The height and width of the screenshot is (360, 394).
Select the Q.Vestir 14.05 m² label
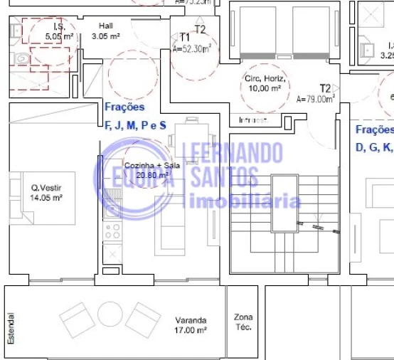pyautogui.click(x=46, y=194)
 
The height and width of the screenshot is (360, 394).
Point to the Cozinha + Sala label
pyautogui.click(x=147, y=170)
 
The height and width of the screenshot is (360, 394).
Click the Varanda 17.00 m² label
pyautogui.click(x=189, y=325)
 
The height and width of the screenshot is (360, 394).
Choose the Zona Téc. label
pyautogui.click(x=243, y=322)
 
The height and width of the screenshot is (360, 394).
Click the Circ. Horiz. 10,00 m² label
pyautogui.click(x=265, y=83)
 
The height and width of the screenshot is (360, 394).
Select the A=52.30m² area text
pyautogui.click(x=196, y=50)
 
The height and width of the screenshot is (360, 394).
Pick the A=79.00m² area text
pyautogui.click(x=315, y=100)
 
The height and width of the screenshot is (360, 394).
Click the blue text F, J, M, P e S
pyautogui.click(x=135, y=125)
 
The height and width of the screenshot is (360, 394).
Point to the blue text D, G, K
pyautogui.click(x=373, y=147)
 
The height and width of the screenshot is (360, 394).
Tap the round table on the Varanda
pyautogui.click(x=111, y=315)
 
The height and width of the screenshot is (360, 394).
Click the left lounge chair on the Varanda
pyautogui.click(x=77, y=319)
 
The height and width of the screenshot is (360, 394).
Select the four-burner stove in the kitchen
pyautogui.click(x=112, y=231)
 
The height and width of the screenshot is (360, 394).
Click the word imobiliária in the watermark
pyautogui.click(x=242, y=201)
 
